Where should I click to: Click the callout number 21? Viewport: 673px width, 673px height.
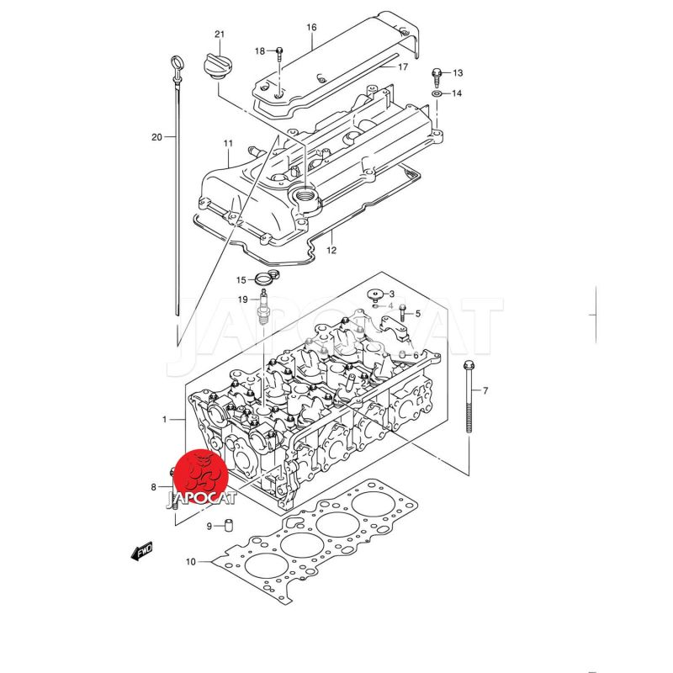click(220, 34)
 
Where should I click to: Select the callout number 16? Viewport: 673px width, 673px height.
click(311, 28)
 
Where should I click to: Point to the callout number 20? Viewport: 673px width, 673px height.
click(156, 136)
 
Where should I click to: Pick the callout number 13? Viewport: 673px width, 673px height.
click(458, 73)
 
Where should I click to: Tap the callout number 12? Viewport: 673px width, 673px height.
click(331, 250)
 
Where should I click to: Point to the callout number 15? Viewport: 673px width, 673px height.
click(241, 279)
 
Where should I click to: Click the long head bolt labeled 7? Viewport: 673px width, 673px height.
click(469, 400)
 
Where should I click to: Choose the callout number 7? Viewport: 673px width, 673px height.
click(485, 390)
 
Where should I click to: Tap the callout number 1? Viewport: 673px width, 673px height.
click(165, 418)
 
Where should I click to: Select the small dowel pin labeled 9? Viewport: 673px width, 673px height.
click(227, 527)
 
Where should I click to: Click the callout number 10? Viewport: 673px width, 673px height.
click(190, 561)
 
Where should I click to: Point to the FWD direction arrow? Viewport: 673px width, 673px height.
click(140, 551)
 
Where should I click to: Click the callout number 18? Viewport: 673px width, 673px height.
click(260, 51)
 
